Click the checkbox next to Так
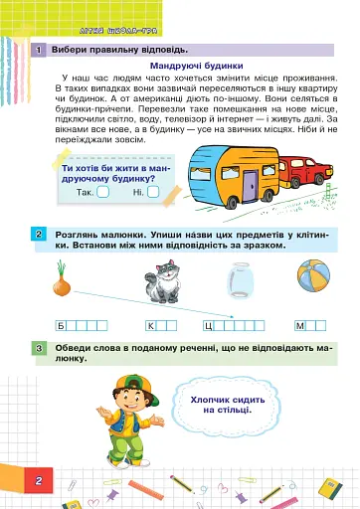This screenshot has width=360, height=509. point(101,192)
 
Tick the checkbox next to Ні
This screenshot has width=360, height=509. point(152,192)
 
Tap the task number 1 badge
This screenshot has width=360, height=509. point(37,50)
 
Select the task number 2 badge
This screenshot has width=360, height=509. point(37,234)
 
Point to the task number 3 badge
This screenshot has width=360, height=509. point(37,348)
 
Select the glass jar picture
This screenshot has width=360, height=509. point(238,279)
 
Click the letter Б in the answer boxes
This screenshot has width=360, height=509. point(62,326)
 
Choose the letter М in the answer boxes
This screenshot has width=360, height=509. point(299,326)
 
